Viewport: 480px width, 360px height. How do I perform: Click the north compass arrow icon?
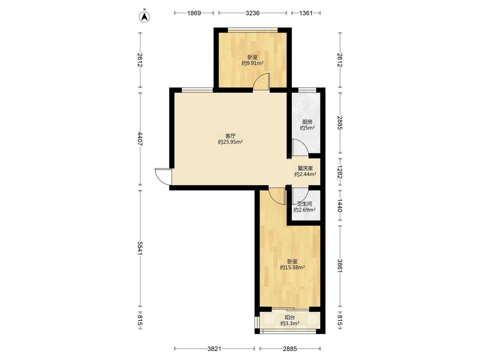(x=145, y=17)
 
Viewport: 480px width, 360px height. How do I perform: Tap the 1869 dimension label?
(x=194, y=13)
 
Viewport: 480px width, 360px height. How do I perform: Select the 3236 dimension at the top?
(x=253, y=13)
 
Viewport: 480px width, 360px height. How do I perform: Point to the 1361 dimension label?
(x=306, y=13)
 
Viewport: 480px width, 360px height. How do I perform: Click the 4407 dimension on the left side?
(x=140, y=139)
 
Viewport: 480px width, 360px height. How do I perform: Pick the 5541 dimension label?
(x=140, y=248)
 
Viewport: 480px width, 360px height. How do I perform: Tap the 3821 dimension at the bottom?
(x=214, y=348)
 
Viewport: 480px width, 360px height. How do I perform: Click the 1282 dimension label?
(x=340, y=172)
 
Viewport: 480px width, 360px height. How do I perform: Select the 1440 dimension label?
(x=340, y=206)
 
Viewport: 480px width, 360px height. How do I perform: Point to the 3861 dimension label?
(x=340, y=266)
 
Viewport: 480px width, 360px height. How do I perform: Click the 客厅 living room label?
(x=230, y=136)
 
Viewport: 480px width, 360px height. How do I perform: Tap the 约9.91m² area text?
(x=253, y=64)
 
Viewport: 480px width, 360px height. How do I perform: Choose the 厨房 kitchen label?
(x=307, y=122)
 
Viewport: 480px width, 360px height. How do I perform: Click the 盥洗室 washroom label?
(x=305, y=168)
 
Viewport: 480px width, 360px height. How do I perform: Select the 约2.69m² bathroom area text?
(x=305, y=210)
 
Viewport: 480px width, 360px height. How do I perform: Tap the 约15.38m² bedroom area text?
(x=292, y=267)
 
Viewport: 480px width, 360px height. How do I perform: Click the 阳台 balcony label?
(x=290, y=317)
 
